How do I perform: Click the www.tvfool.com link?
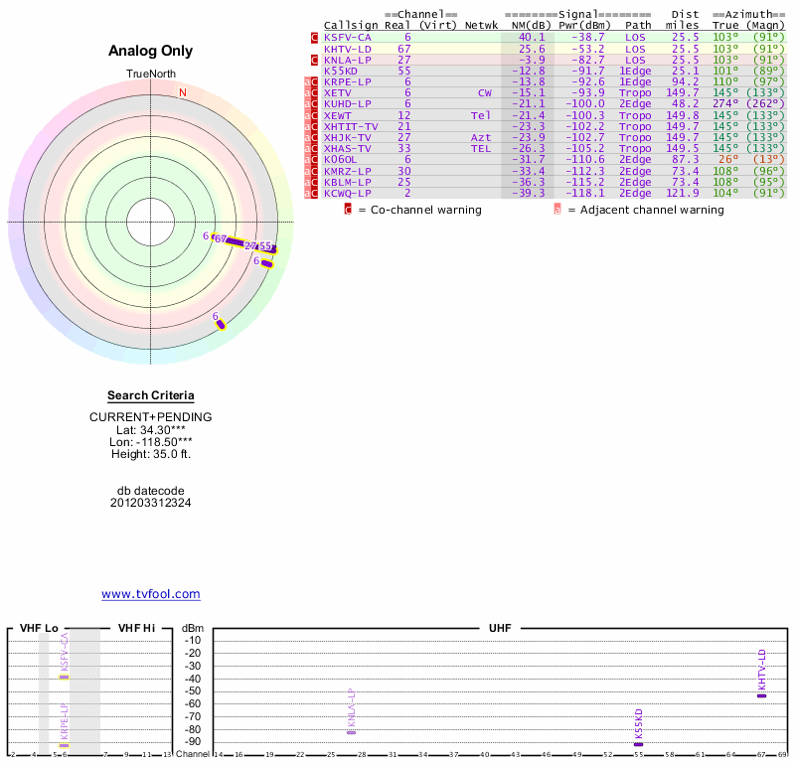[150, 594]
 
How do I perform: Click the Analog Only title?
[151, 52]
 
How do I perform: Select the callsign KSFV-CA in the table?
[348, 37]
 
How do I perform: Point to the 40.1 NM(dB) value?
[532, 37]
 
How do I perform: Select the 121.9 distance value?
[683, 193]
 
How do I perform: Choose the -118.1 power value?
[588, 193]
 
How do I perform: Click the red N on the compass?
[183, 92]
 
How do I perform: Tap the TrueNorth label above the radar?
[150, 75]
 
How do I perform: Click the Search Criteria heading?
[151, 395]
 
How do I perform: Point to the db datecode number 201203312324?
[151, 503]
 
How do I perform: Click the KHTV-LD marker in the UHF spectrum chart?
[761, 695]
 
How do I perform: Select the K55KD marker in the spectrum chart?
[638, 744]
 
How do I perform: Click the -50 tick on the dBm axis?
[194, 690]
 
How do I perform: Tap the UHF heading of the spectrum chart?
[499, 629]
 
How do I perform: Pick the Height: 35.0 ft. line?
[151, 454]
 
